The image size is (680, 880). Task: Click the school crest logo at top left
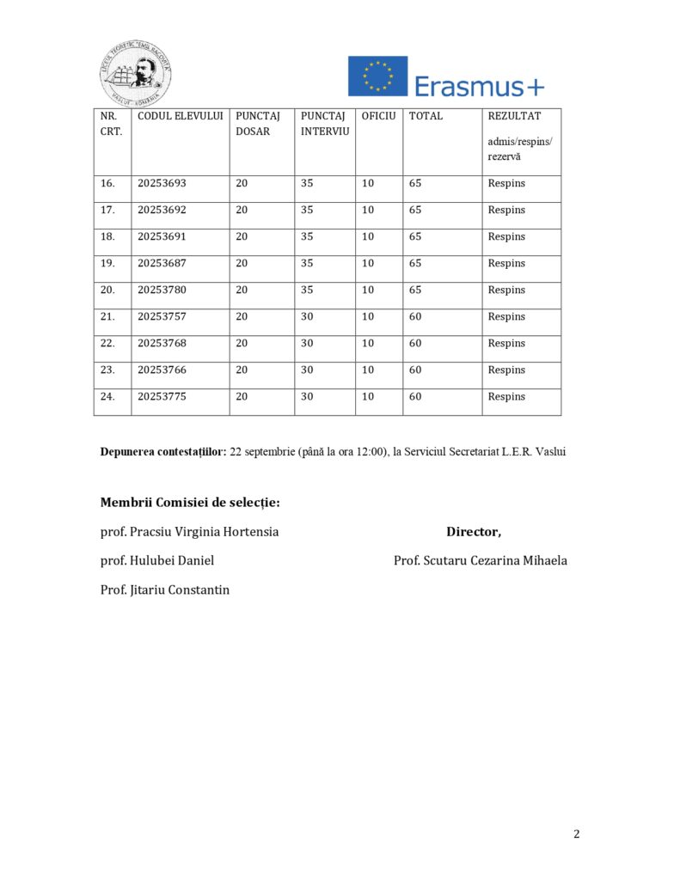click(x=136, y=74)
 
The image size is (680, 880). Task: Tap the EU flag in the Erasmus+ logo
click(x=377, y=76)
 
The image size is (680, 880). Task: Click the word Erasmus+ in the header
click(x=479, y=86)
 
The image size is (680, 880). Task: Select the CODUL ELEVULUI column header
click(x=181, y=116)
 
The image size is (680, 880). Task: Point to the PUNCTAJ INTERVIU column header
click(x=324, y=124)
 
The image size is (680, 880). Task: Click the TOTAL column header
click(x=426, y=116)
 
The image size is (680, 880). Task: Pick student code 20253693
click(x=162, y=183)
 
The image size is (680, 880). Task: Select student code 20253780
click(x=162, y=290)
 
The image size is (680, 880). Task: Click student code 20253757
click(x=162, y=316)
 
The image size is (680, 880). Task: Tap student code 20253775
click(x=162, y=396)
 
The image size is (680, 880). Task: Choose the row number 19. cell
click(x=108, y=263)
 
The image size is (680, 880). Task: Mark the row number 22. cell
click(x=108, y=343)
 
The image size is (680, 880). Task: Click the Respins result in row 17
click(x=506, y=210)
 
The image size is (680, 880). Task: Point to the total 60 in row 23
click(x=415, y=370)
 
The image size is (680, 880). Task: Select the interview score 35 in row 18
click(x=307, y=236)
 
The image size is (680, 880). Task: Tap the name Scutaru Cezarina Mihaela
click(x=481, y=560)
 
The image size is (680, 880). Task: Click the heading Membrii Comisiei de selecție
click(x=190, y=502)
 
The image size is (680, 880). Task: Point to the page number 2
click(x=577, y=834)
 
